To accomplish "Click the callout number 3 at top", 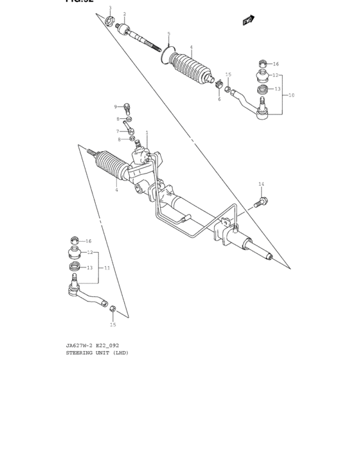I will point(110,8).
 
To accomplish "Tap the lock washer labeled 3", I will point(110,24).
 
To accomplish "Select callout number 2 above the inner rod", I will point(125,14).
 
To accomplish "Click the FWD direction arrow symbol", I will point(247,21).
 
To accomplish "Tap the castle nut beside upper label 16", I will point(262,64).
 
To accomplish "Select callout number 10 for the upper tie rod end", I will point(291,95).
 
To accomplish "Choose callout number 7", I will point(118,131).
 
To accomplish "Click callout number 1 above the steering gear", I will point(147,132).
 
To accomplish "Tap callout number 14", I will point(261,184).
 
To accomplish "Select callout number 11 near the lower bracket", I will point(107,267).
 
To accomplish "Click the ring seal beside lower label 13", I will point(75,267).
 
